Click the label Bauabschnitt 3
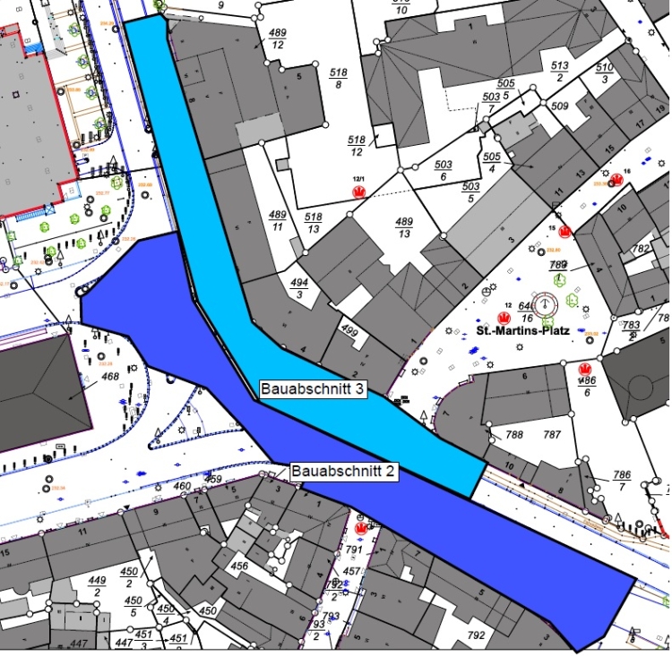tap(312, 389)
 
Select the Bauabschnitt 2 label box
tap(343, 471)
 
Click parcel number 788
tap(514, 435)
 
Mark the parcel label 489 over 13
tap(404, 227)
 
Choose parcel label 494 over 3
tap(299, 286)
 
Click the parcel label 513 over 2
tap(560, 72)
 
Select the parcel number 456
tap(240, 566)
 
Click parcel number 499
tap(349, 332)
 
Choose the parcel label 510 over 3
tap(605, 73)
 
